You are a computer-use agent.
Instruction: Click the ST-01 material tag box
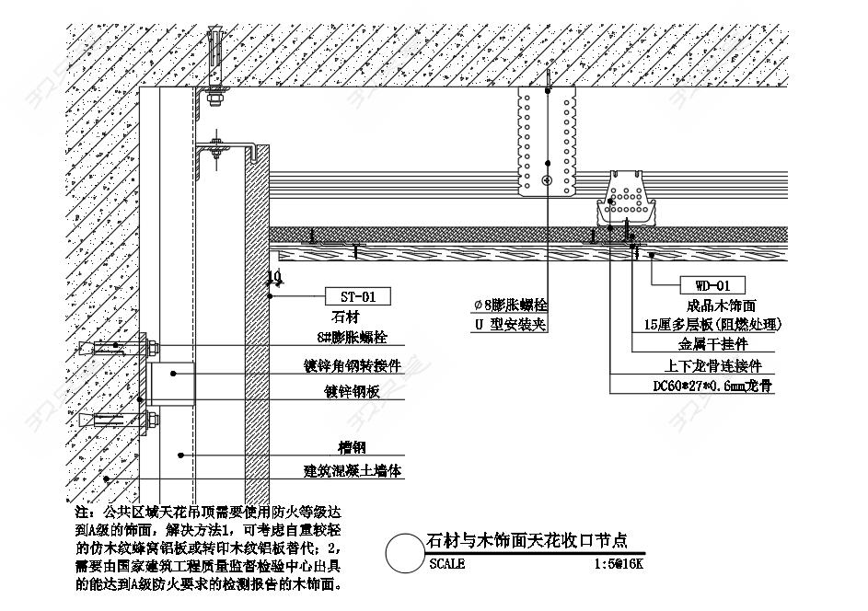coord(358,296)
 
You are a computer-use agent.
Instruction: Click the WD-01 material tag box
coord(712,285)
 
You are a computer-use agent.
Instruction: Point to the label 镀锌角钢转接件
coord(353,364)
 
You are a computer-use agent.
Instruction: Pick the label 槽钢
coord(352,447)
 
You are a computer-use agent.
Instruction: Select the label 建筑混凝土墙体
coord(353,471)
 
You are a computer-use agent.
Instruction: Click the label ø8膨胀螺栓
coord(510,305)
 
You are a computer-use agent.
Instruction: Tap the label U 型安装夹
coord(511,325)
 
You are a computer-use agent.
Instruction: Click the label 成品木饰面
coord(721,305)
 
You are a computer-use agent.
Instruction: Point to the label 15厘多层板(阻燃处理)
coord(712,324)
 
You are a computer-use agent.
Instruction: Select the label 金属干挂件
coord(712,345)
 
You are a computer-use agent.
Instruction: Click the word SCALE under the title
coord(447,564)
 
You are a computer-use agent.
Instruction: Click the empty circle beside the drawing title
coord(404,553)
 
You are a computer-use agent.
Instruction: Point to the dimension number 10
coord(274,276)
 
